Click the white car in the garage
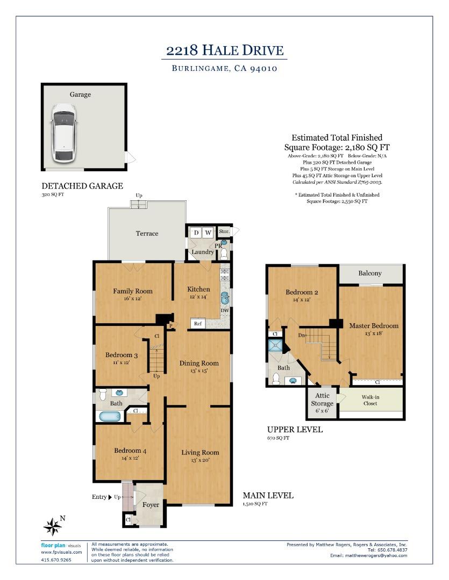[x=63, y=133]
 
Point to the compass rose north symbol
[x=53, y=526]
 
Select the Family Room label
[x=132, y=291]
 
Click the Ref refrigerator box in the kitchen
[x=198, y=323]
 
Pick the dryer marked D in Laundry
[x=196, y=233]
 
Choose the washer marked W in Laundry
[x=208, y=233]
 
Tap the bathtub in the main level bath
[x=110, y=416]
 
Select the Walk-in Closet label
[x=370, y=400]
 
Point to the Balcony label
[x=370, y=273]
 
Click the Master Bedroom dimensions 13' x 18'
[x=373, y=334]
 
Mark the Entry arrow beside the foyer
[x=110, y=497]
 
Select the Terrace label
[x=147, y=233]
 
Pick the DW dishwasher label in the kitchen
[x=224, y=310]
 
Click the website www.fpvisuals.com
[x=61, y=552]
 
